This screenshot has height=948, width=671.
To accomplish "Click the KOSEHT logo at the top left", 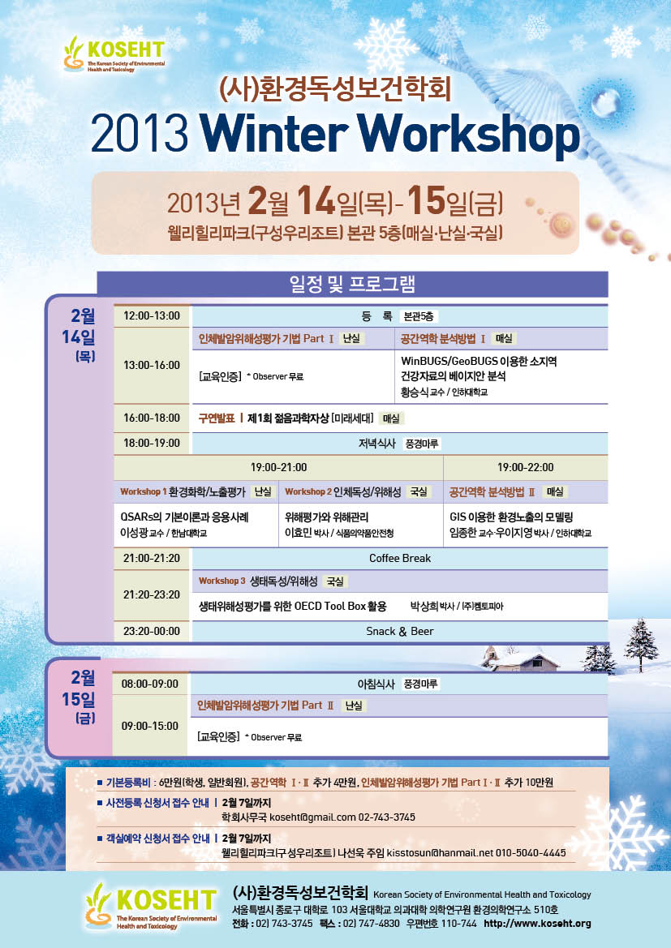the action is (x=114, y=54).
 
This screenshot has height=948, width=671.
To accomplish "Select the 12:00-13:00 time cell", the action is (x=152, y=315).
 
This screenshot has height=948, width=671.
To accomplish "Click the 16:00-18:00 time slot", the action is (x=152, y=418).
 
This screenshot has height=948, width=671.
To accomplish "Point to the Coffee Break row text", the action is (x=400, y=558).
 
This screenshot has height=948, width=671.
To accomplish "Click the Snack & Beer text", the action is (x=400, y=631).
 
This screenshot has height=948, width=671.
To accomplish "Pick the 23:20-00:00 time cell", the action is (x=152, y=631).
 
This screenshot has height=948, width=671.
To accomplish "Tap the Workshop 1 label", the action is (x=144, y=491).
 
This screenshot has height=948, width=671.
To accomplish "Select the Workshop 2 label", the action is (x=308, y=491).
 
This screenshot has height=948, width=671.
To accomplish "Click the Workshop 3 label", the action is (x=222, y=581).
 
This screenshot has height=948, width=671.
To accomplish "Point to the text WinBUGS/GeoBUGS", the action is (x=449, y=361).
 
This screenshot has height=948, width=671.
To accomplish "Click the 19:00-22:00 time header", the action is (x=525, y=467).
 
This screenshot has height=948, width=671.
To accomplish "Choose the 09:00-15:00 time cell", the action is (x=150, y=726).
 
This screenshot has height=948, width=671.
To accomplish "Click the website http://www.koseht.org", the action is (x=537, y=923).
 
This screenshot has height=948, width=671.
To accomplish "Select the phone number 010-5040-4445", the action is (x=531, y=853).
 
